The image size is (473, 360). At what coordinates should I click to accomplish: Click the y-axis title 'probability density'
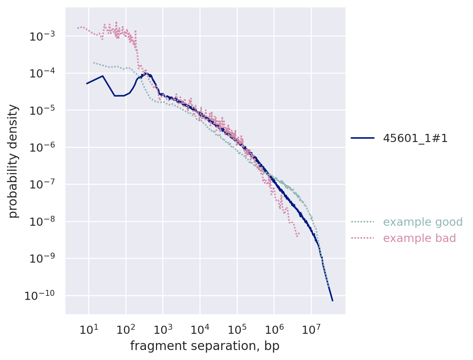14,161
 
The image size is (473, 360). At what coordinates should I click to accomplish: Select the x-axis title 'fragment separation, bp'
205,346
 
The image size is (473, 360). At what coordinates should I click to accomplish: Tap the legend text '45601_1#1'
415,138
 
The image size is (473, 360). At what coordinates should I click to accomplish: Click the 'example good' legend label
422,222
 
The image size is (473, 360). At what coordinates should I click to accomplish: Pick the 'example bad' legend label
419,238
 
